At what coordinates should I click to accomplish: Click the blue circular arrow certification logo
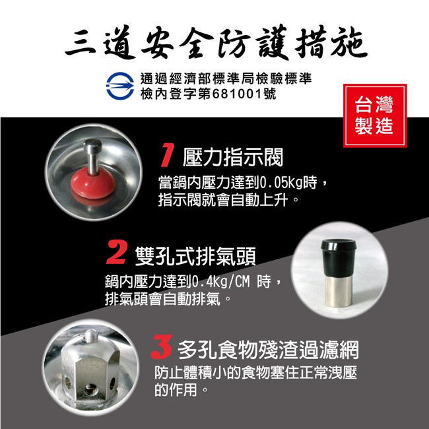[x=120, y=86]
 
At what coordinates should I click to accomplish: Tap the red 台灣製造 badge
[x=375, y=115]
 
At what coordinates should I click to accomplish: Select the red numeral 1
[x=166, y=155]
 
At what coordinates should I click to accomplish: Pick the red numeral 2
[x=116, y=252]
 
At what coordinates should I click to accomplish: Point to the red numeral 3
[x=162, y=346]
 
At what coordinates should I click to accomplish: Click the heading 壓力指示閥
[x=232, y=157]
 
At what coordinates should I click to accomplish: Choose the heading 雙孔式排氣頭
[x=195, y=256]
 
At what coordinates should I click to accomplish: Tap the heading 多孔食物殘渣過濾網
[x=268, y=350]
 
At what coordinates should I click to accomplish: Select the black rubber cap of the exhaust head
[x=339, y=257]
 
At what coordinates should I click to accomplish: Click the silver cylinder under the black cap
[x=339, y=291]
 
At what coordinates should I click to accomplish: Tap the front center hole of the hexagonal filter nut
[x=90, y=389]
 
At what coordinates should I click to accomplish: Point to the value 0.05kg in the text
[x=281, y=183]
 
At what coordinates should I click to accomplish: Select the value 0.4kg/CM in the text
[x=221, y=282]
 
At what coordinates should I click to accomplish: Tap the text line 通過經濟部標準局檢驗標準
[x=226, y=79]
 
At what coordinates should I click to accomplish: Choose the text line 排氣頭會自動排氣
[x=162, y=299]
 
